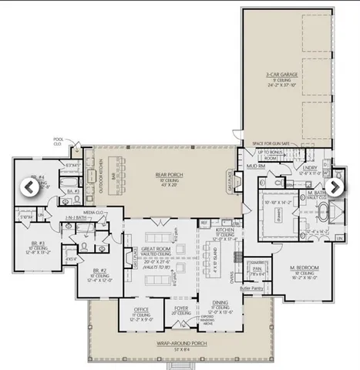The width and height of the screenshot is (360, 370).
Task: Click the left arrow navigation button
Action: tap(29, 187)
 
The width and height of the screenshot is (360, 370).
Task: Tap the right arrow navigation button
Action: tap(335, 187)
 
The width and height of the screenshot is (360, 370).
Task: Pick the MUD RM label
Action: tap(256, 166)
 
